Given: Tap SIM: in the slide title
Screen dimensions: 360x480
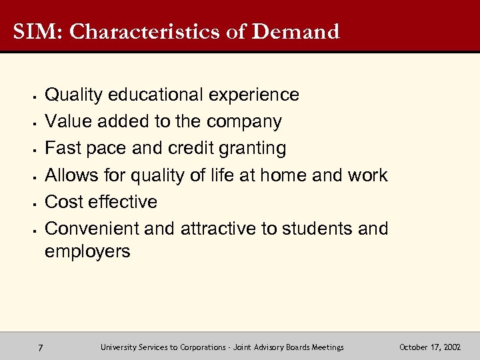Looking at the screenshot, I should pyautogui.click(x=37, y=31).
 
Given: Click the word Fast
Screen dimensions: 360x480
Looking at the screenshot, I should pyautogui.click(x=62, y=148).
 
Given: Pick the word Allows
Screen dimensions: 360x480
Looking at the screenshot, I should pyautogui.click(x=71, y=175).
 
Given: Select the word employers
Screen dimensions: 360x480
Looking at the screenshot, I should pyautogui.click(x=87, y=251).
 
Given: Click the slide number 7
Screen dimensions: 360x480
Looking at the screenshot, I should pyautogui.click(x=41, y=347).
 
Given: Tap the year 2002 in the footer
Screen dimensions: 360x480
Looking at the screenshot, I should pyautogui.click(x=450, y=347).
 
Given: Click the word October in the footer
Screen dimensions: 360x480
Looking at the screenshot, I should pyautogui.click(x=413, y=347).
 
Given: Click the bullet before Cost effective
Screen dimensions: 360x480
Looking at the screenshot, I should pyautogui.click(x=33, y=203).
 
